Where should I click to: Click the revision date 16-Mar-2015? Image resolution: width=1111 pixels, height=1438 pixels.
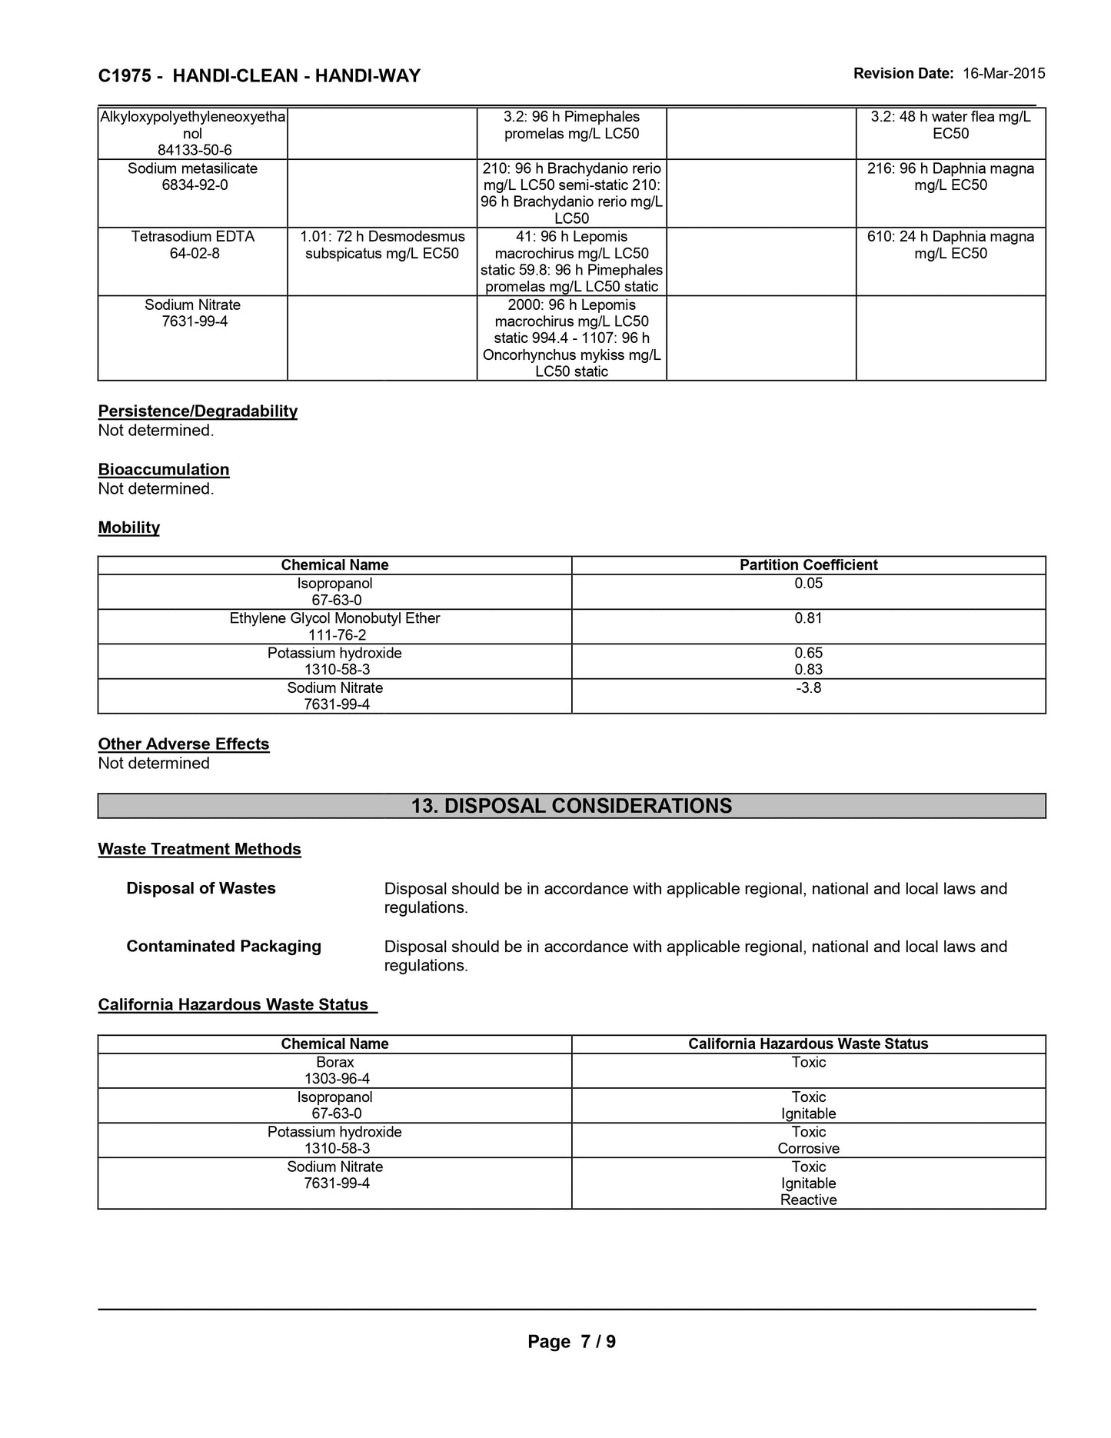(1003, 74)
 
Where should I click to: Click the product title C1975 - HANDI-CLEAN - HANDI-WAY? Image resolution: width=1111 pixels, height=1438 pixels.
(259, 75)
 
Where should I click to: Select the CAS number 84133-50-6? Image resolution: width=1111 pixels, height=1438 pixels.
(195, 150)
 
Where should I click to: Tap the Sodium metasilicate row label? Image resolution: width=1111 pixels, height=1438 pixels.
(192, 168)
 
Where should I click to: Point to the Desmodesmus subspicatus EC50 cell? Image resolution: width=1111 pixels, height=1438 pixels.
(382, 245)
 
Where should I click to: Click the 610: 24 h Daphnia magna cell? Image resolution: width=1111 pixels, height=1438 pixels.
(950, 245)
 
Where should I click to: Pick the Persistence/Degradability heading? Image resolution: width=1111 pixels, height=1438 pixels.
(198, 411)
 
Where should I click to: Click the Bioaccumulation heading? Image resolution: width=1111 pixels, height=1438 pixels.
(164, 469)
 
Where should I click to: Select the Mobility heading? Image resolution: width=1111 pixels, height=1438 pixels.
(129, 528)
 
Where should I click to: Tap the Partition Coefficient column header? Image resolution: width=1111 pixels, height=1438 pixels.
(808, 564)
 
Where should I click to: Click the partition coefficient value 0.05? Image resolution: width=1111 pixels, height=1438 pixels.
(808, 583)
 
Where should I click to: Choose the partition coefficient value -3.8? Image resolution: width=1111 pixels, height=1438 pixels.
(808, 687)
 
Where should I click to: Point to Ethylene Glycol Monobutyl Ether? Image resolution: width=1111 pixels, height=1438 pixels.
(334, 618)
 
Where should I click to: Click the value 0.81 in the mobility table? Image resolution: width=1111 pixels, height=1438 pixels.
(808, 618)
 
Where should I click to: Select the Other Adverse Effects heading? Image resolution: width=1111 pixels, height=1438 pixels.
(184, 744)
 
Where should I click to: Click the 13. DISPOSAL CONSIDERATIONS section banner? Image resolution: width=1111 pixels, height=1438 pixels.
(571, 806)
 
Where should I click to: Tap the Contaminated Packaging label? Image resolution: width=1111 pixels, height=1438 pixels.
(224, 946)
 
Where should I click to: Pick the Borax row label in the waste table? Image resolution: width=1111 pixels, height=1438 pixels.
(334, 1062)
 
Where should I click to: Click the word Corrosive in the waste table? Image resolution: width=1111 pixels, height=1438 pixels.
(808, 1148)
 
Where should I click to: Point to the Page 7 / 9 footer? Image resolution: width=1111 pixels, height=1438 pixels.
(571, 1342)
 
